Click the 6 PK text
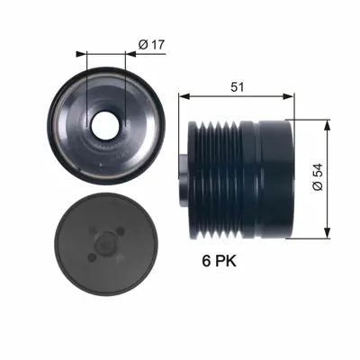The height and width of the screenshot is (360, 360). coord(220,264)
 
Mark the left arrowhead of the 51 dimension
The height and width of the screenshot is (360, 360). coord(183,94)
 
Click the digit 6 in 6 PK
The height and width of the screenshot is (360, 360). coord(203,264)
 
